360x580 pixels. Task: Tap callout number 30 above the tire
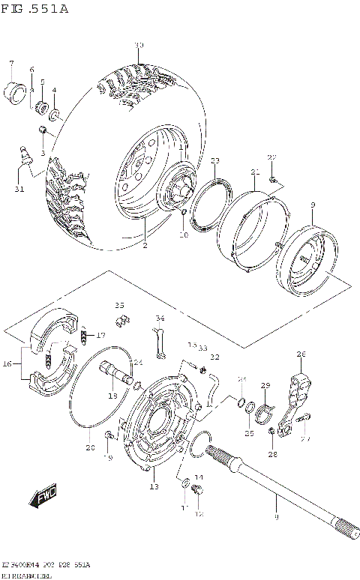[138, 46]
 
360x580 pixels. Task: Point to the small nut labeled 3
[44, 133]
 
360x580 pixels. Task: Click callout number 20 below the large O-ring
[90, 448]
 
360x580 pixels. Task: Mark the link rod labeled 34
[159, 342]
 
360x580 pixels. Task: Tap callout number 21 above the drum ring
[255, 172]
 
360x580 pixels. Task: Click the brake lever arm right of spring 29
[298, 401]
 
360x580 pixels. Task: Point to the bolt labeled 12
[197, 491]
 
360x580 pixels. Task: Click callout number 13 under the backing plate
[154, 488]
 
